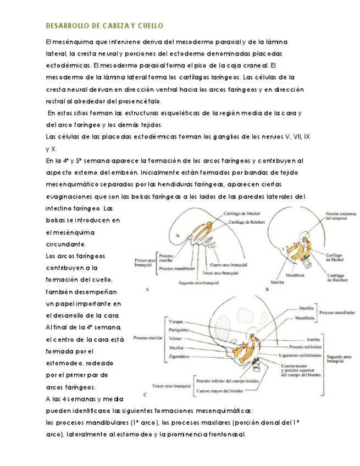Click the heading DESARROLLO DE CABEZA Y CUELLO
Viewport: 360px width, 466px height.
(x=104, y=26)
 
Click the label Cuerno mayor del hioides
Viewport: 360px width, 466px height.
(x=222, y=391)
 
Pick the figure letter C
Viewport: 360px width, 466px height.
(x=144, y=394)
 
